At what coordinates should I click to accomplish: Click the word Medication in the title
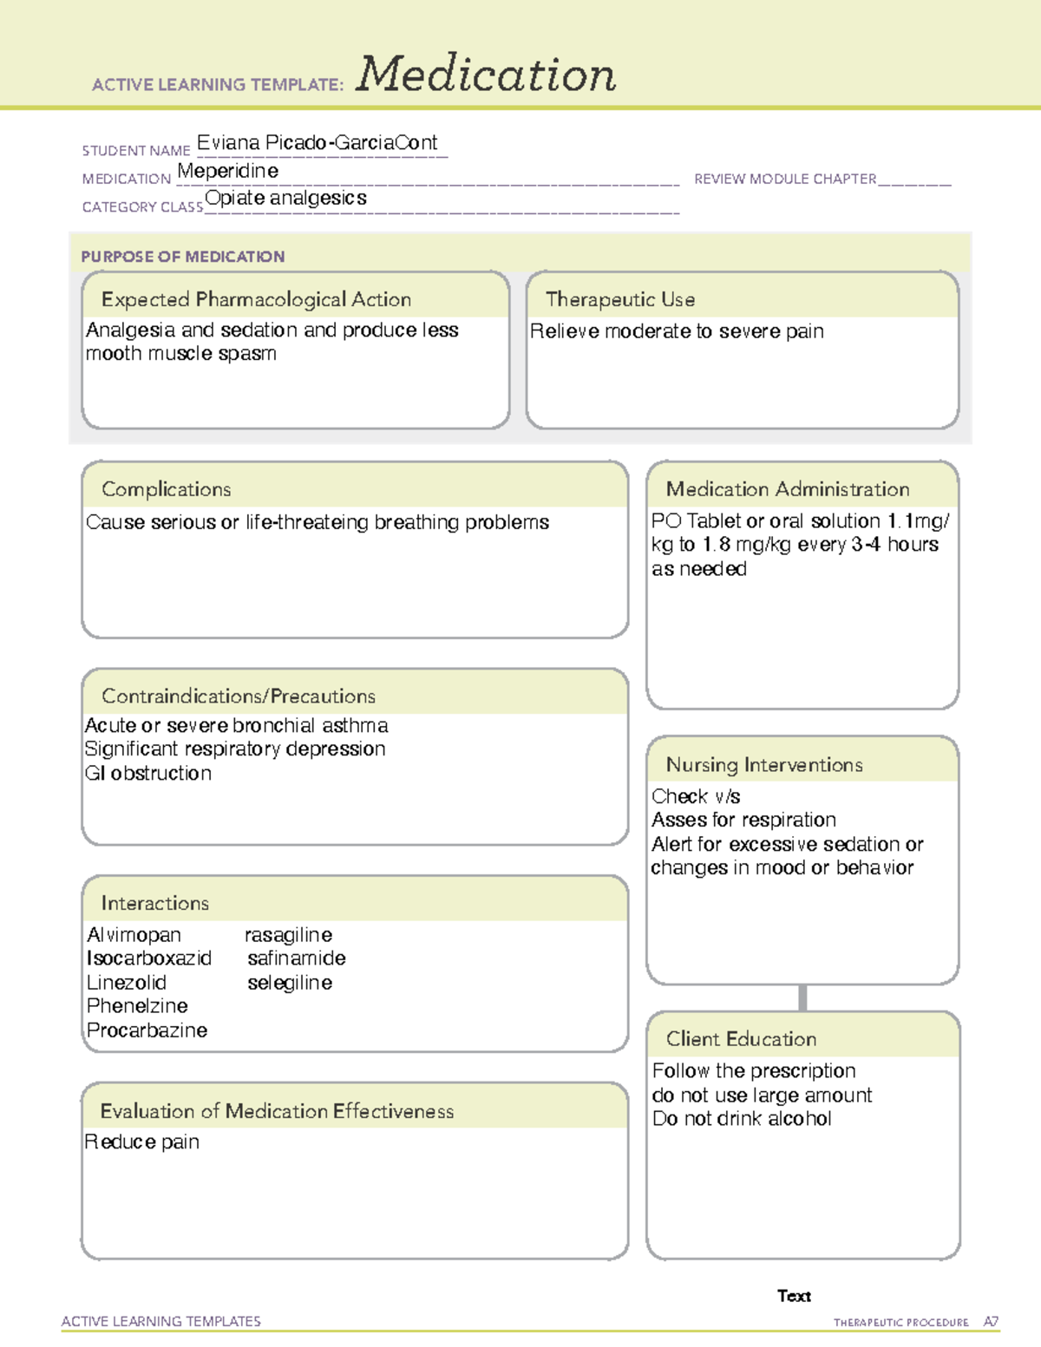[486, 75]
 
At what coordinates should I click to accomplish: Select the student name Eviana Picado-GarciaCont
[317, 143]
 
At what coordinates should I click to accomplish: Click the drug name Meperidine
[227, 171]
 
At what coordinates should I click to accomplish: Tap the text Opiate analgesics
[285, 198]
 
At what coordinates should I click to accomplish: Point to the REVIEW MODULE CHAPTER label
[785, 179]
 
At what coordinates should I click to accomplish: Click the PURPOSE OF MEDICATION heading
[182, 257]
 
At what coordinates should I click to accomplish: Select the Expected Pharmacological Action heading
[256, 299]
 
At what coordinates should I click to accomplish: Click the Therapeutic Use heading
[619, 299]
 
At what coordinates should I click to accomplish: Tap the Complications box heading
[166, 489]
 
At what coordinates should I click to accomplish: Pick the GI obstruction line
[148, 773]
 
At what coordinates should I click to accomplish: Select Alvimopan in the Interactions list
[134, 935]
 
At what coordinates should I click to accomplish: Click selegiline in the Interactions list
[290, 983]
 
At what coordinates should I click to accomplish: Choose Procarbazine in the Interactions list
[147, 1030]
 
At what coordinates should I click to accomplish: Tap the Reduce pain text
[142, 1142]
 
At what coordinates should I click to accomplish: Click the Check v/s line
[696, 796]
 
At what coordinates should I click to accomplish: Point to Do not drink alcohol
[742, 1119]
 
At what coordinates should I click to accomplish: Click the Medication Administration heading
[787, 489]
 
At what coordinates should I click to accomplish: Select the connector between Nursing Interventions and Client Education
[802, 997]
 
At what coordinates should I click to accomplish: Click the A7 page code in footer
[991, 1322]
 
